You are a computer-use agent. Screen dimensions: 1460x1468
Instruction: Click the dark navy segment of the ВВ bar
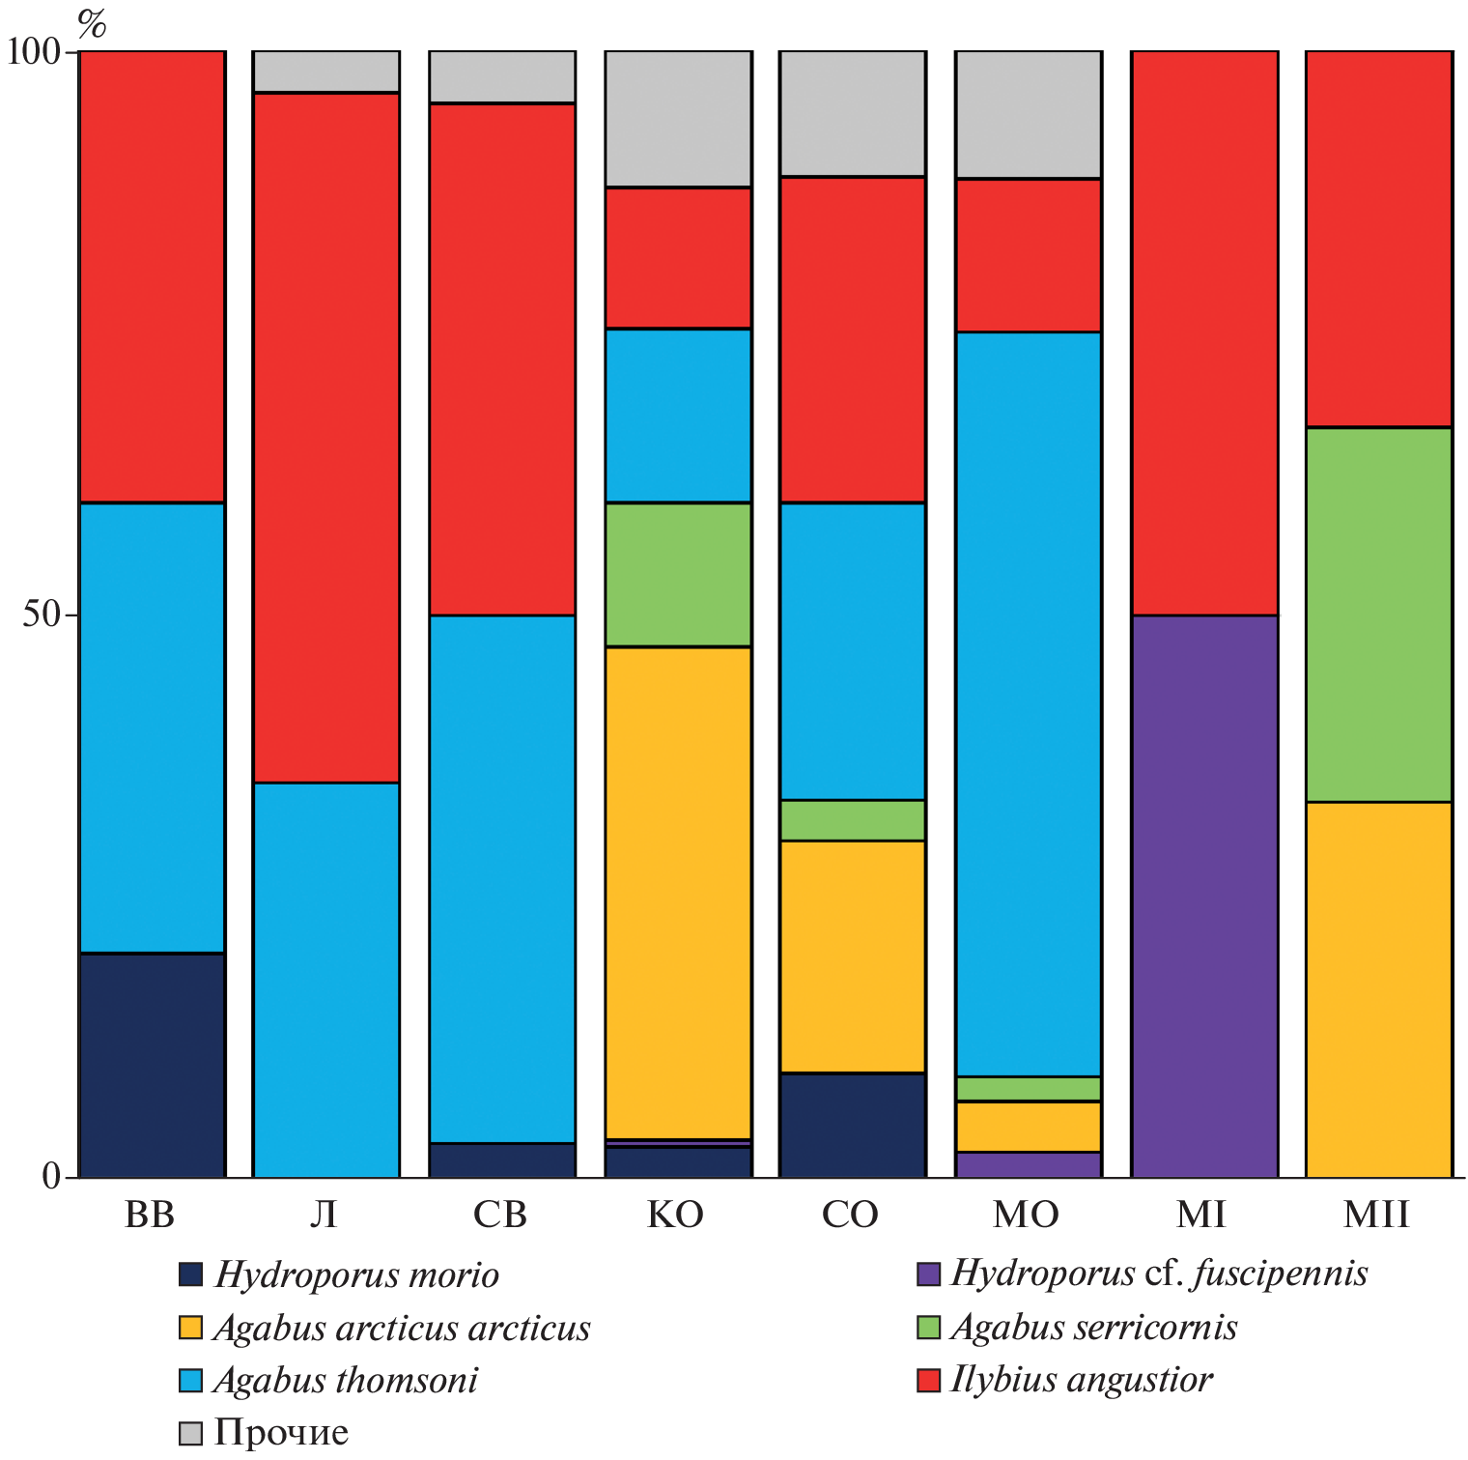pyautogui.click(x=153, y=1065)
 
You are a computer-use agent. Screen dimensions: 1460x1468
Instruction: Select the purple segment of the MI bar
pyautogui.click(x=1204, y=896)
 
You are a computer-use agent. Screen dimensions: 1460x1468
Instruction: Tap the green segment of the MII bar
pyautogui.click(x=1379, y=615)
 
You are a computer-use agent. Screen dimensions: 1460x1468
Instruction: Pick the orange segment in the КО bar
pyautogui.click(x=678, y=893)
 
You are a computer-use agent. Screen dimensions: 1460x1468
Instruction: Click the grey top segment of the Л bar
pyautogui.click(x=326, y=72)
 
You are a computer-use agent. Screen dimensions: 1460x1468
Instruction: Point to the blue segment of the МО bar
pyautogui.click(x=1029, y=703)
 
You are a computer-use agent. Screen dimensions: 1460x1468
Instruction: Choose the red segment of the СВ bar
pyautogui.click(x=502, y=358)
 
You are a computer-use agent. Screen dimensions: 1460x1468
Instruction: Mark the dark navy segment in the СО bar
pyautogui.click(x=853, y=1125)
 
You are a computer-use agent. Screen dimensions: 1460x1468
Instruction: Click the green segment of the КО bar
pyautogui.click(x=678, y=574)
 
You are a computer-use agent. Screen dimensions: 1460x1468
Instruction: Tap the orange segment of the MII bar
pyautogui.click(x=1379, y=989)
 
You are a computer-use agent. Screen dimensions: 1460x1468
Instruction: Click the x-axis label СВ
pyautogui.click(x=500, y=1215)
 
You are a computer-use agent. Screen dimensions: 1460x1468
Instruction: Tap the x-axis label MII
pyautogui.click(x=1376, y=1215)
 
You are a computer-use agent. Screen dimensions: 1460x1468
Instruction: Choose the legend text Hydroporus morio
pyautogui.click(x=356, y=1274)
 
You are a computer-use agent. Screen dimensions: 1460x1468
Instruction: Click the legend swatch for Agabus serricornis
pyautogui.click(x=928, y=1327)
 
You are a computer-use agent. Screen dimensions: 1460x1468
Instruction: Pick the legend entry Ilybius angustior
pyautogui.click(x=1081, y=1379)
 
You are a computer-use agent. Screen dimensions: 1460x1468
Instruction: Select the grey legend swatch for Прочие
pyautogui.click(x=191, y=1432)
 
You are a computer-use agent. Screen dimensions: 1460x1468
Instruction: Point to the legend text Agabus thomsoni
pyautogui.click(x=346, y=1380)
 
